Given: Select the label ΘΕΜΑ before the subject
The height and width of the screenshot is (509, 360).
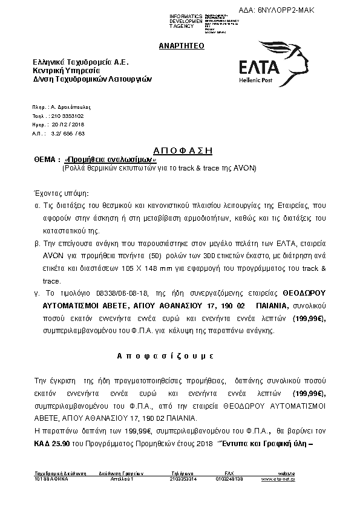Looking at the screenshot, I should click(x=44, y=159).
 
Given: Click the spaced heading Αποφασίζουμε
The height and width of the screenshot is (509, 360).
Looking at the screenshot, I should click(x=179, y=356).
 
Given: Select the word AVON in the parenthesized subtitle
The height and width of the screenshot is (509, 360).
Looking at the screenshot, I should click(x=245, y=168).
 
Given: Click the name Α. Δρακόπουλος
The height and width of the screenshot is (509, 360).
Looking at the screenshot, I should click(x=67, y=106).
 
